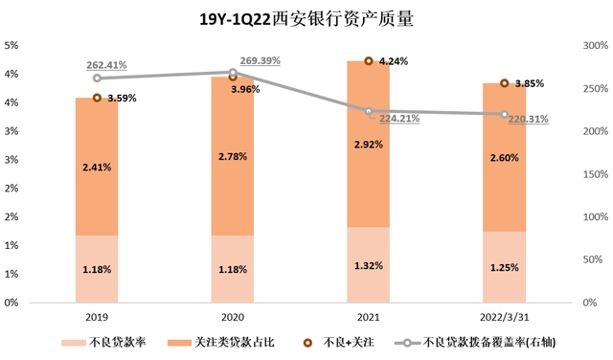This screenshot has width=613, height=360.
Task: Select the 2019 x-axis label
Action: click(x=97, y=317)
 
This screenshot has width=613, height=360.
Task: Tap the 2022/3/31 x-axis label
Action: click(x=504, y=317)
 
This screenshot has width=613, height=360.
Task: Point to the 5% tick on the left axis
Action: click(x=13, y=45)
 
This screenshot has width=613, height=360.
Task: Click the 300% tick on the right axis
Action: click(x=596, y=45)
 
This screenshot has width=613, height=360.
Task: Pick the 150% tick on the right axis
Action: click(x=596, y=174)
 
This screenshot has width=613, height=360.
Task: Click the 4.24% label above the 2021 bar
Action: click(x=394, y=61)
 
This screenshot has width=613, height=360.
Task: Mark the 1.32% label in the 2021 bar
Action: click(x=369, y=265)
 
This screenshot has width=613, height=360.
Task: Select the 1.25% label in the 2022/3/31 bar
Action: click(x=504, y=267)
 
